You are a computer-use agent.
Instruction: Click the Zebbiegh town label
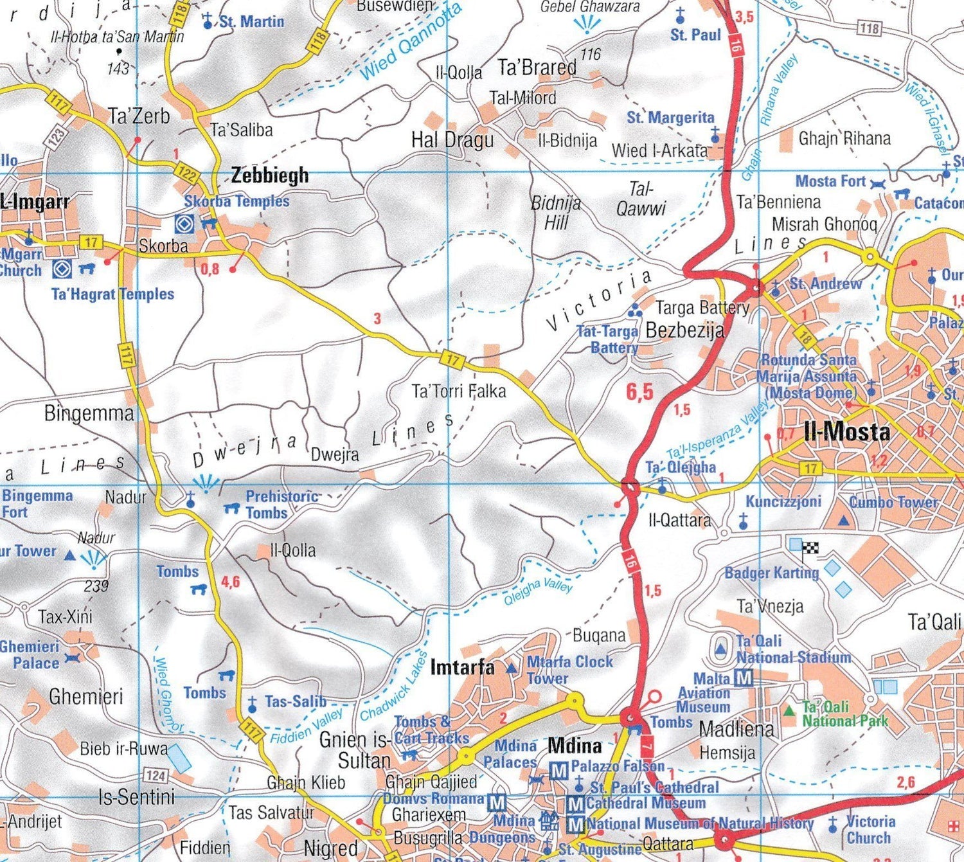[x=269, y=175]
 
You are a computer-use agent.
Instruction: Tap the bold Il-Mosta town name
[x=846, y=431]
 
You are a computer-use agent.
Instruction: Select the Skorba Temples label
[x=237, y=201]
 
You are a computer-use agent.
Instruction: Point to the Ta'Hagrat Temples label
[x=112, y=294]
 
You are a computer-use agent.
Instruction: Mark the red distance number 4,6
[x=230, y=582]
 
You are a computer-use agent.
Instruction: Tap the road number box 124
[x=156, y=775]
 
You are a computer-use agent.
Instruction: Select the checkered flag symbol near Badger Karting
[x=811, y=548]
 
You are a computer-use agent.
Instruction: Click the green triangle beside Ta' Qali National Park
[x=789, y=711]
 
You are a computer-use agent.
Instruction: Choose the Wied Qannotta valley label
[x=411, y=42]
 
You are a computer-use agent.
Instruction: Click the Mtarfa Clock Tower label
[x=569, y=670]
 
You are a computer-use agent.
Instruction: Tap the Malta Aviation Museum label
[x=704, y=693]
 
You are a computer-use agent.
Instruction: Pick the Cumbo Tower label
[x=893, y=502]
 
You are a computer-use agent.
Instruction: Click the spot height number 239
[x=96, y=586]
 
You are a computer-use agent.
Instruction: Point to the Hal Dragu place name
[x=452, y=140]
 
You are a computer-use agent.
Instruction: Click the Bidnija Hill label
[x=556, y=213]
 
